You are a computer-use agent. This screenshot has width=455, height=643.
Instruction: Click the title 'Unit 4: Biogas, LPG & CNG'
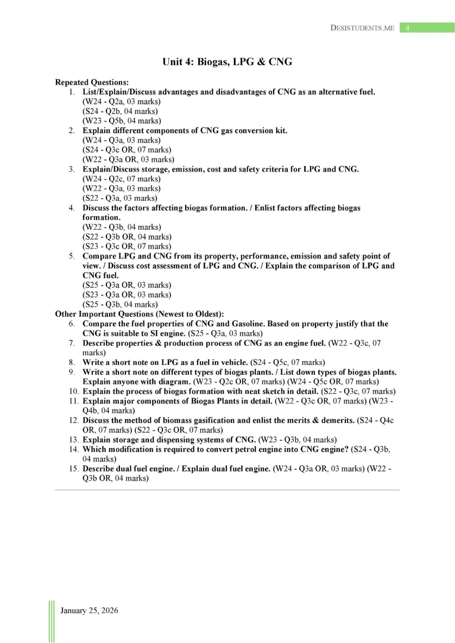[227, 62]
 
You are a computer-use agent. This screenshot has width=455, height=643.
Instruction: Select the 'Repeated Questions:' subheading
[92, 83]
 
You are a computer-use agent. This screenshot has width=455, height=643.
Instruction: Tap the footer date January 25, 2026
[90, 610]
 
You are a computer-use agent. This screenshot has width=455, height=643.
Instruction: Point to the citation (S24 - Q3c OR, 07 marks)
[127, 149]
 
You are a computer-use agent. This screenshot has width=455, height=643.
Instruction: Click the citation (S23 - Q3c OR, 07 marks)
[127, 246]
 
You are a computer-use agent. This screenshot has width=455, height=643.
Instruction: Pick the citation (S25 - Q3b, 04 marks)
[120, 304]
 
